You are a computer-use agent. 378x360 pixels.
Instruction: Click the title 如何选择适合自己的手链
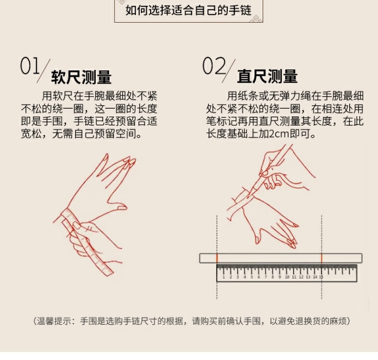pos(188,11)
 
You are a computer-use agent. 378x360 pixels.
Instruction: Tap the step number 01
pos(30,65)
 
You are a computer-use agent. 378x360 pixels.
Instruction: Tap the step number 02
pos(214,65)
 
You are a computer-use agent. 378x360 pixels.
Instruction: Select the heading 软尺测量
pos(81,77)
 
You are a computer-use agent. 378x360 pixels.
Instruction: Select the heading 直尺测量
pos(267,77)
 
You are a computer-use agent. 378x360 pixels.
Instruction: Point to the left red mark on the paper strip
pos(217,258)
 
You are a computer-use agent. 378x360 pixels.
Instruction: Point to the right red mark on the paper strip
pos(322,258)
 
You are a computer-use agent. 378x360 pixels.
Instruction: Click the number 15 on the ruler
pos(321,277)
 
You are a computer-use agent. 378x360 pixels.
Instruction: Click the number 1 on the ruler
pos(223,277)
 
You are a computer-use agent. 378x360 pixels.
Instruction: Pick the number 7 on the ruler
pos(266,277)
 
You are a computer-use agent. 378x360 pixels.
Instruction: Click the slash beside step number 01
pos(44,71)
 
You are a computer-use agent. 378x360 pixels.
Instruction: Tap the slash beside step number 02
pos(228,71)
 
